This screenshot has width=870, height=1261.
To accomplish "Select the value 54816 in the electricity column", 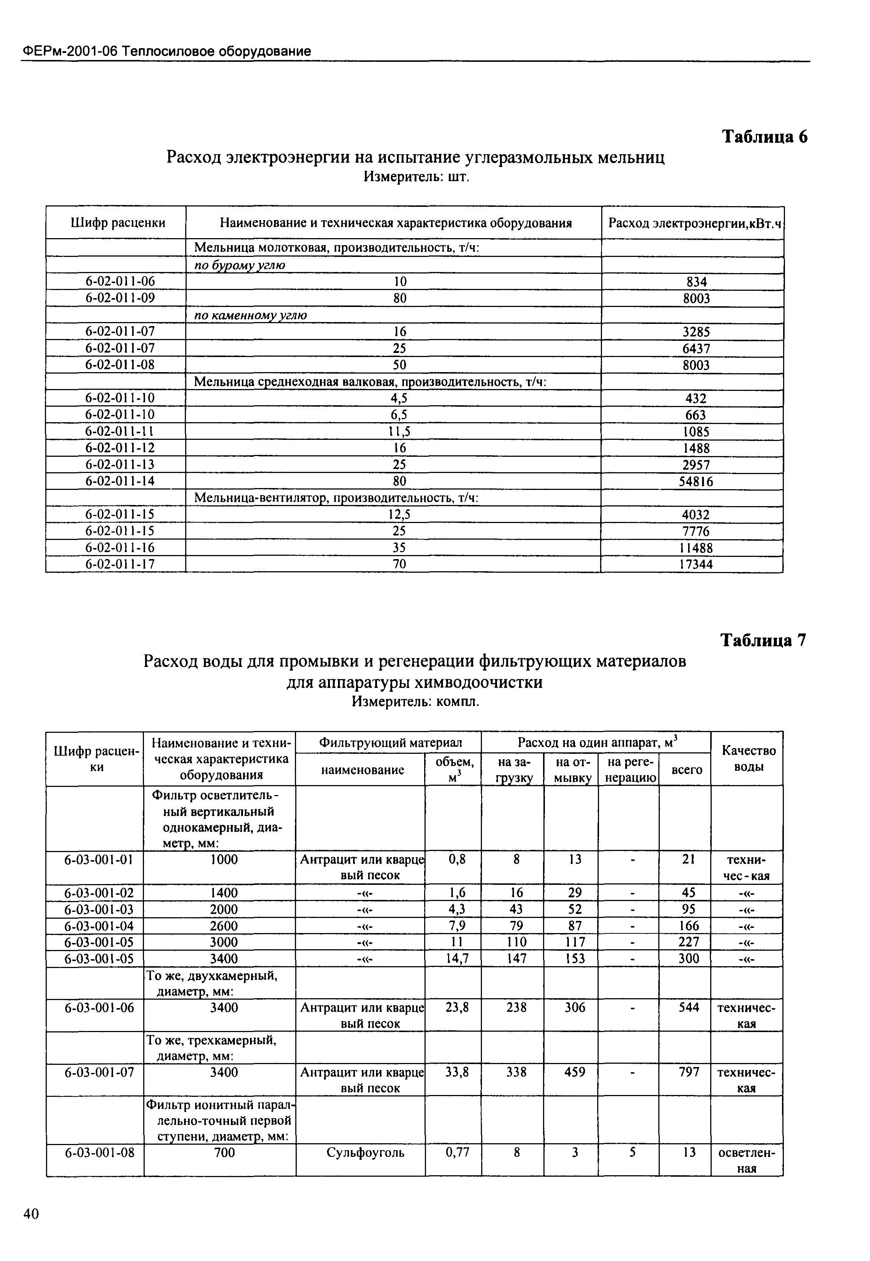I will [x=696, y=482].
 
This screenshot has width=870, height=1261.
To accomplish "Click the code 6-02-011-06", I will [x=120, y=281].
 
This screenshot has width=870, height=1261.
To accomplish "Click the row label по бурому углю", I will [x=240, y=265].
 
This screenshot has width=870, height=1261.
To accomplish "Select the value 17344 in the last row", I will [x=695, y=565].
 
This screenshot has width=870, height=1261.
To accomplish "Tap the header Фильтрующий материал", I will [x=390, y=742].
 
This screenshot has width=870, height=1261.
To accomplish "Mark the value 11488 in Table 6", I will [x=695, y=548].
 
